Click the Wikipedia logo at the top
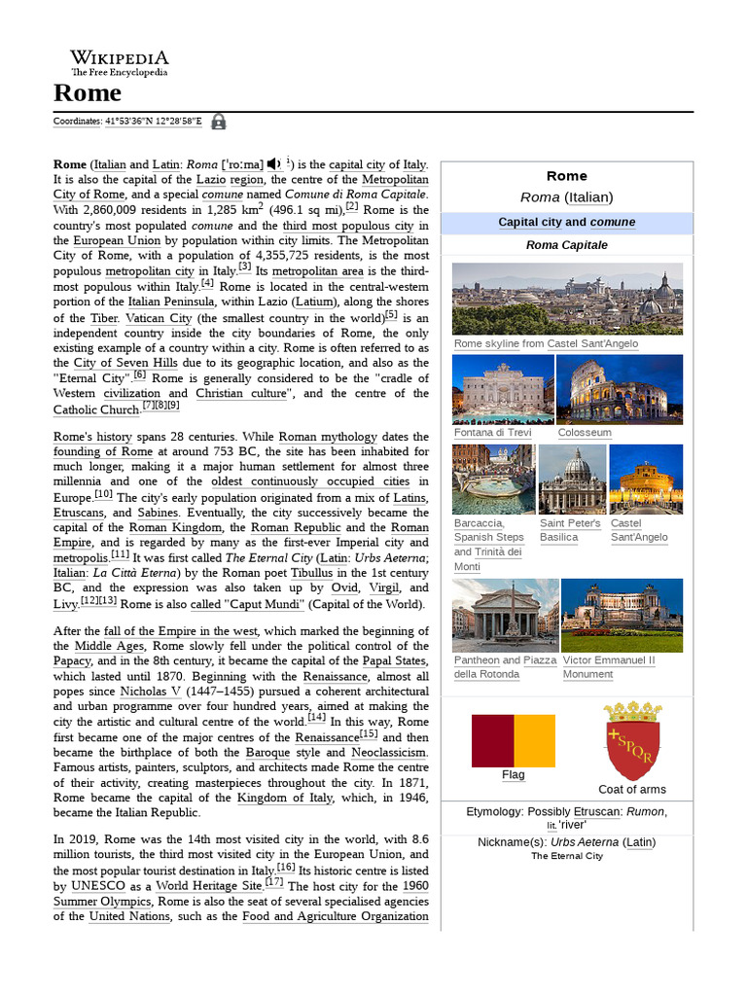pos(119,63)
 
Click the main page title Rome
pos(88,93)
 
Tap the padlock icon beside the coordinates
pos(219,122)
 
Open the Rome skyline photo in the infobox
pos(567,299)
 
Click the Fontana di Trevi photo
pos(503,389)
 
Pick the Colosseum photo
pos(620,389)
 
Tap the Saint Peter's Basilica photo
pos(572,479)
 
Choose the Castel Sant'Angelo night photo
pos(646,479)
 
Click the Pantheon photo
pos(505,614)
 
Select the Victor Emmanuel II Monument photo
pos(622,614)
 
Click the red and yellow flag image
pos(513,739)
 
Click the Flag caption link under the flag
pos(513,774)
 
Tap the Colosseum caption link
pos(585,433)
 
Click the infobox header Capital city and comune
pos(567,222)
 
